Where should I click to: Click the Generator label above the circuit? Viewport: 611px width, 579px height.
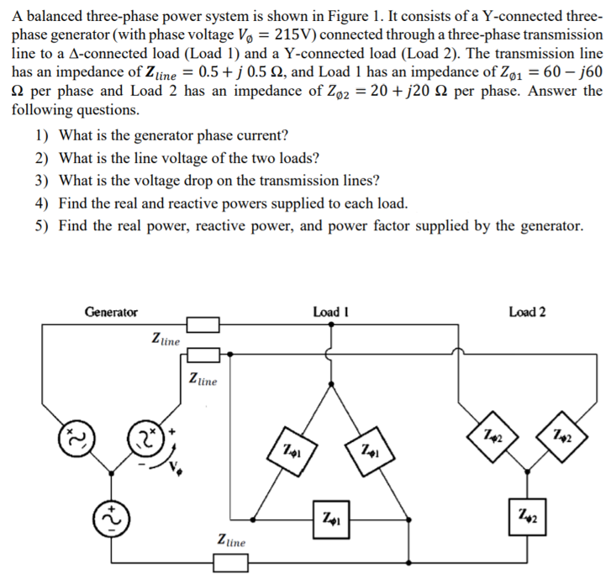coord(111,312)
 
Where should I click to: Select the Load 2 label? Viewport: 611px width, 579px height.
coord(527,312)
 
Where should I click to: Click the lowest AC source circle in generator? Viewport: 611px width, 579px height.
coord(110,516)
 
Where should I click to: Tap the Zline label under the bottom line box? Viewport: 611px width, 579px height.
coord(232,541)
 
